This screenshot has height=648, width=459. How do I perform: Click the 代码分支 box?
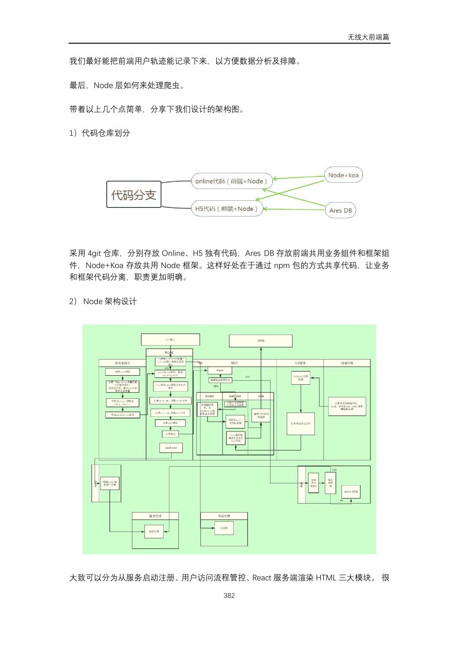(134, 194)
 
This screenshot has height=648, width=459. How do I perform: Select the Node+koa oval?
(343, 175)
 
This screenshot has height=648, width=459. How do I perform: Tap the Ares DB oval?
(340, 210)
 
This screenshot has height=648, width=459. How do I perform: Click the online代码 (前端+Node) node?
(232, 181)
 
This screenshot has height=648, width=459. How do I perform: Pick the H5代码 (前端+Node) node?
(227, 209)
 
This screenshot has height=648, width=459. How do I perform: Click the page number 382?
(229, 595)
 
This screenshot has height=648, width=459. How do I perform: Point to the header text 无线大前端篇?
(368, 37)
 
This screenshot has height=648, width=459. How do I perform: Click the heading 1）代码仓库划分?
(100, 133)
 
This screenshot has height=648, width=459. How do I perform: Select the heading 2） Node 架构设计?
(103, 301)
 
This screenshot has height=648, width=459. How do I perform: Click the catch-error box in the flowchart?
(171, 448)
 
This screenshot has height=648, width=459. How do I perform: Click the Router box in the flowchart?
(220, 370)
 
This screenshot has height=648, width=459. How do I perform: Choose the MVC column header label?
(235, 363)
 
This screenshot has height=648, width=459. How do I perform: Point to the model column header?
(209, 396)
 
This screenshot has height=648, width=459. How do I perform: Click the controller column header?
(236, 396)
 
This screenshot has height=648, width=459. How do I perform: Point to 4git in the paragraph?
(95, 253)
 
